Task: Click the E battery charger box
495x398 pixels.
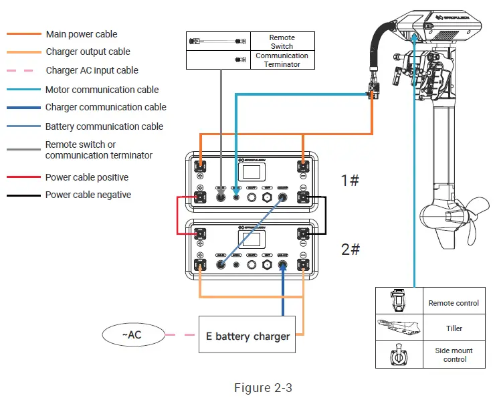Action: pos(252,336)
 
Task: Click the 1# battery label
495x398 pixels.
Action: pos(351,181)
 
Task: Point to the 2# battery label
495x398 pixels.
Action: pos(351,250)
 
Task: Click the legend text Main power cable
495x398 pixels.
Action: pos(81,34)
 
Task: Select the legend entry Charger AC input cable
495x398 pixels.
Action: pos(92,70)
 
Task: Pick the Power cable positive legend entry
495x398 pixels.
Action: pos(86,177)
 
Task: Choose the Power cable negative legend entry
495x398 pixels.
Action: pos(88,195)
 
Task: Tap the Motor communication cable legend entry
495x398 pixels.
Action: pos(102,90)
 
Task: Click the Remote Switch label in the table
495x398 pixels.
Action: pos(282,42)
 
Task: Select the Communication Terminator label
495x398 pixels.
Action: pos(282,60)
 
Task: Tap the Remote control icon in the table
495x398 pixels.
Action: pos(399,302)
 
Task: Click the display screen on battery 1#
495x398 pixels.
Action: pos(252,172)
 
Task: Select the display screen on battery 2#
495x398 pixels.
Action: pos(252,239)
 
